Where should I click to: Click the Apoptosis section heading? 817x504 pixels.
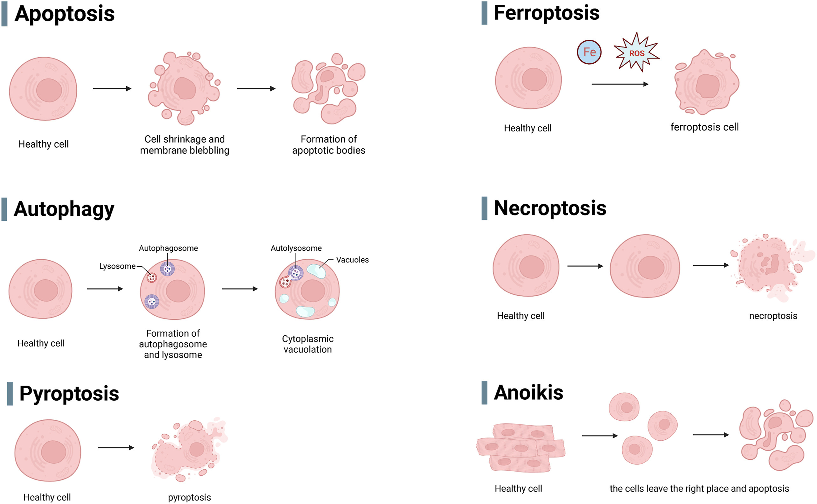point(65,14)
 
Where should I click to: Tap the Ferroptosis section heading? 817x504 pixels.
point(547,13)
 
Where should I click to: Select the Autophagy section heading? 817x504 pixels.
point(64,209)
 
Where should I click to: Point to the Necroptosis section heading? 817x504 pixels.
point(550,208)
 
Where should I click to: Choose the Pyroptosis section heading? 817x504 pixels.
point(69,394)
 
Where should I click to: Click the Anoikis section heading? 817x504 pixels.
point(528,392)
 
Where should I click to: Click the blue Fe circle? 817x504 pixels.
point(589,52)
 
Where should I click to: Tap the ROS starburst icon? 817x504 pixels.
point(636,52)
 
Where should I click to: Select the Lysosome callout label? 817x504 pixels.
point(117,266)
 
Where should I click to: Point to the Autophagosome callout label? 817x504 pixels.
point(168,248)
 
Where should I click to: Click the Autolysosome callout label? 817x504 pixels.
point(296,248)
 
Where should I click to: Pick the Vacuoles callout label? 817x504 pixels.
point(353,260)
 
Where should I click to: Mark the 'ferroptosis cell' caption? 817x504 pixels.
point(704,127)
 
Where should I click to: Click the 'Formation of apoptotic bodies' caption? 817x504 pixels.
point(329,145)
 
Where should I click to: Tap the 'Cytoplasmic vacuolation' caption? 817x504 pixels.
point(308,344)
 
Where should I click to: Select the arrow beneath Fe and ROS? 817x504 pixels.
point(620,84)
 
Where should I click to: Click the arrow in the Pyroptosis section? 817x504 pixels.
point(116,448)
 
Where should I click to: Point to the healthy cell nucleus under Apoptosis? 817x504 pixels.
point(49,90)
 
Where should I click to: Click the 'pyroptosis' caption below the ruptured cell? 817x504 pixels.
point(189,498)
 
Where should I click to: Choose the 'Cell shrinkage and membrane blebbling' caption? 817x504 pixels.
point(185,145)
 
